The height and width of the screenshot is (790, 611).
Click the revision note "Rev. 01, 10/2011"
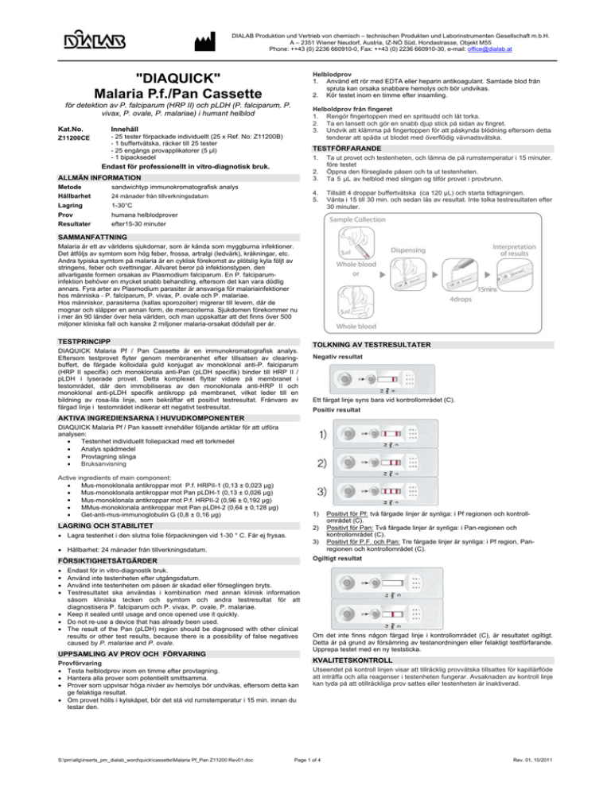click(574, 781)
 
